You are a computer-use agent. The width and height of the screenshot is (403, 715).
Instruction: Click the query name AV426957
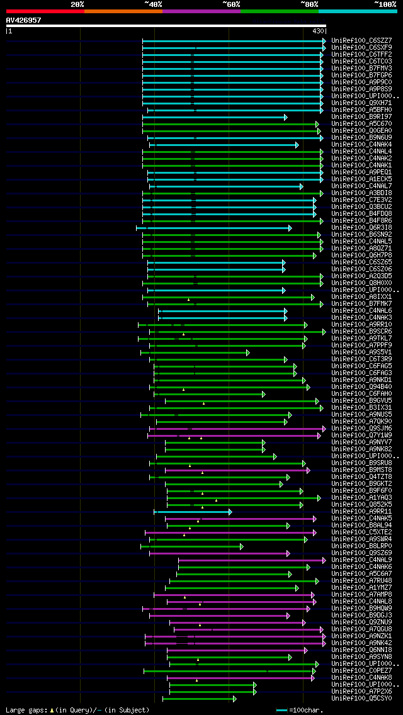(x=23, y=20)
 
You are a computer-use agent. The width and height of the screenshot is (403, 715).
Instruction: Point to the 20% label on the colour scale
(x=77, y=4)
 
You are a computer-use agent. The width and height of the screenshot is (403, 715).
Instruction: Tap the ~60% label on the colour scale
(x=231, y=4)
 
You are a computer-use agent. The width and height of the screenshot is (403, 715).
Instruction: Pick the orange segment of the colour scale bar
(x=123, y=11)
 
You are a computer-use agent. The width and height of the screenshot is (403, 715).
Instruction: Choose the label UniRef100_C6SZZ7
(x=361, y=41)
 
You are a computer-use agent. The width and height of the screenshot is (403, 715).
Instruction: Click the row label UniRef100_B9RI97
(x=361, y=116)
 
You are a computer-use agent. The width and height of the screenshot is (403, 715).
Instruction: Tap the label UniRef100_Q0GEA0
(x=361, y=130)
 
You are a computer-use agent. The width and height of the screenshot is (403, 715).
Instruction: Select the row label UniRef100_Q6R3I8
(x=361, y=228)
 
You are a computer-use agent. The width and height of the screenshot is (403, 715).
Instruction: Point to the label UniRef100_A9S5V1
(x=361, y=352)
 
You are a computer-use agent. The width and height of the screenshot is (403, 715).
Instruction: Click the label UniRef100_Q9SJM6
(x=361, y=429)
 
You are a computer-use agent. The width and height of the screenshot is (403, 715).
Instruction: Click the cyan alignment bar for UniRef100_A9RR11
(x=192, y=512)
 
